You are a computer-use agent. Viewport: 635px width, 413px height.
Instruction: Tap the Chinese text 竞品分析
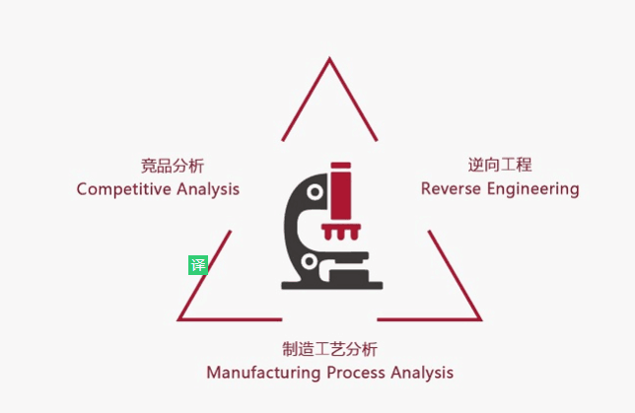[172, 166]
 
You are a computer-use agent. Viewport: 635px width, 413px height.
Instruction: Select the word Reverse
[450, 188]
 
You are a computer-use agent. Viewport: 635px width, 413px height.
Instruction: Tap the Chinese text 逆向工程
[500, 165]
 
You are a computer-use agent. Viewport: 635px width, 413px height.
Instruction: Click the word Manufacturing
[263, 373]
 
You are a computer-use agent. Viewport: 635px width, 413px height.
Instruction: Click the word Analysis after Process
[420, 373]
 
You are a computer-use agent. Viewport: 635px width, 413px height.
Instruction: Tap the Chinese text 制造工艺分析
[329, 350]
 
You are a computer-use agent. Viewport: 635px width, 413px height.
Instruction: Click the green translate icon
[198, 264]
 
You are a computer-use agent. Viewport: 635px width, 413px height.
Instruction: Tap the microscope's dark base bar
[332, 285]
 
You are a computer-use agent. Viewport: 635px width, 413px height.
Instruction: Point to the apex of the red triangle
[328, 61]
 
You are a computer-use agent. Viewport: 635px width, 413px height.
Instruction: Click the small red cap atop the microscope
[341, 166]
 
